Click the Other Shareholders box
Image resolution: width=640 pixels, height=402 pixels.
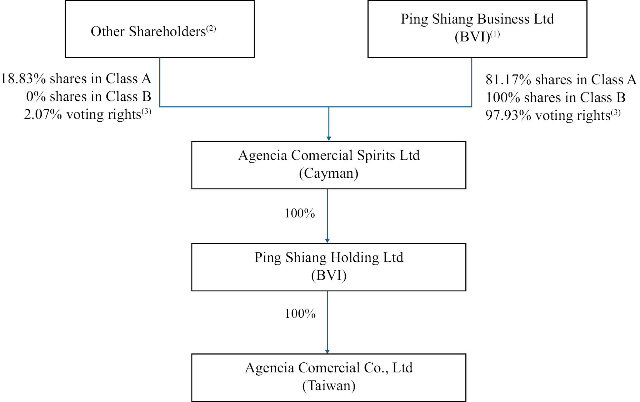point(160,29)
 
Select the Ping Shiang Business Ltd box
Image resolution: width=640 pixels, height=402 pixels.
point(477,29)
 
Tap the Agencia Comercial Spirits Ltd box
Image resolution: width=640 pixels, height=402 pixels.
point(329,165)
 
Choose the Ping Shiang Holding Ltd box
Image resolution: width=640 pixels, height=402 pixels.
point(329,267)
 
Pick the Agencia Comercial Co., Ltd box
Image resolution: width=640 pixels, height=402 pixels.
point(329,377)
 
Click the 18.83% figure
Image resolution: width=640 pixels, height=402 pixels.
point(23,79)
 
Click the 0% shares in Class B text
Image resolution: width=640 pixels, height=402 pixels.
point(89,97)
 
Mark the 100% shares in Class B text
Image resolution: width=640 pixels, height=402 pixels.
point(555,97)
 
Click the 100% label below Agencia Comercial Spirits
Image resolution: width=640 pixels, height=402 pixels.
point(300,213)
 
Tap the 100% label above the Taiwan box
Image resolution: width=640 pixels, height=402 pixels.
point(300,313)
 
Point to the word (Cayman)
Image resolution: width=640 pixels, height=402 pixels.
point(329,174)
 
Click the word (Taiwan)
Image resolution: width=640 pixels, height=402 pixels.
point(329,386)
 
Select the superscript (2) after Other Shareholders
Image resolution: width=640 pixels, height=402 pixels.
point(211,28)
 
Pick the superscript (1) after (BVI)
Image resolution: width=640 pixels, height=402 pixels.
point(495,34)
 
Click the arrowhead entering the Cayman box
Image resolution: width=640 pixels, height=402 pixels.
point(329,139)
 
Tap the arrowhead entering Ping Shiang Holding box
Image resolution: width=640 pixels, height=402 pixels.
point(327,241)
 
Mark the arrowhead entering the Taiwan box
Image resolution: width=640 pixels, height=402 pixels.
point(327,352)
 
